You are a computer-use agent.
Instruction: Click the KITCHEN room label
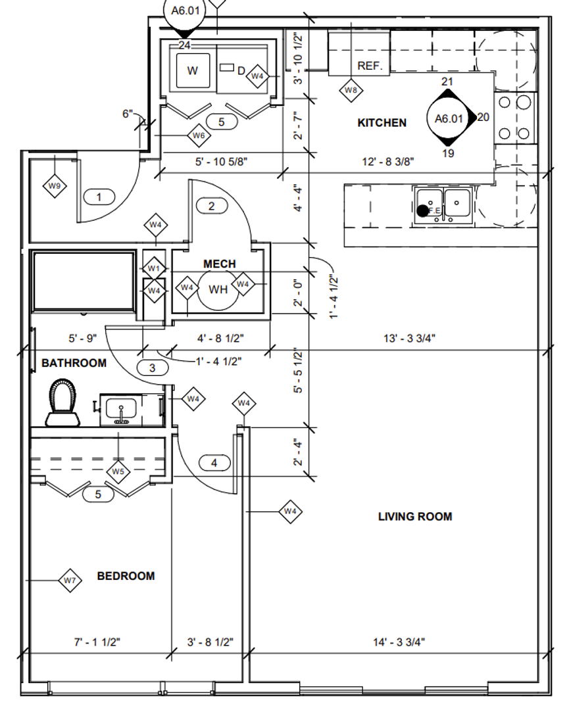click(382, 123)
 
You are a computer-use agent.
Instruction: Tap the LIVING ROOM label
click(414, 517)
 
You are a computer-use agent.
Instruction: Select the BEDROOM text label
click(126, 576)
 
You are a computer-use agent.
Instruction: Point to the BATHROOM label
click(74, 363)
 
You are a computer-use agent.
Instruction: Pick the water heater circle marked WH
click(218, 289)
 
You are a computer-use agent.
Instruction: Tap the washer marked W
click(192, 71)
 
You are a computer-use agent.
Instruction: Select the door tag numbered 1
click(99, 197)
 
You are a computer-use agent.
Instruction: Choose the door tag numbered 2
click(211, 206)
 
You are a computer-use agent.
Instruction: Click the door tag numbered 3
click(152, 368)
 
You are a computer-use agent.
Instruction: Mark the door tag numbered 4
click(213, 463)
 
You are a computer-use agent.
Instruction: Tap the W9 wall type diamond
click(55, 187)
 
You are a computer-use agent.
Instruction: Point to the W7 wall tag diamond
click(70, 580)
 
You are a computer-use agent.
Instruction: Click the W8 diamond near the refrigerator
click(351, 90)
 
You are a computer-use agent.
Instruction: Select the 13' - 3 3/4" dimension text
click(410, 339)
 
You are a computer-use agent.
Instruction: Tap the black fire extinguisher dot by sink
click(422, 210)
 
